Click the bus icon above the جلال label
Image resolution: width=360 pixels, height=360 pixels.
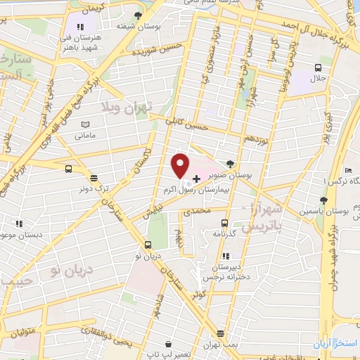[x=319, y=68]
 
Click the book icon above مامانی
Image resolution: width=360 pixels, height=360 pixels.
[x=86, y=124]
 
